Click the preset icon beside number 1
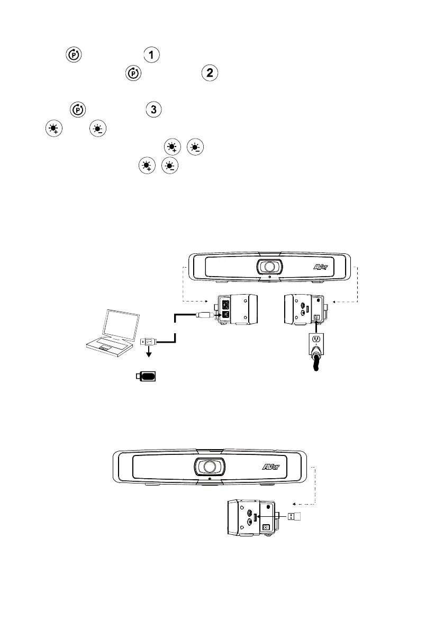73,56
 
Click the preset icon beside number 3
77,110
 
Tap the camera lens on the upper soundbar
268,267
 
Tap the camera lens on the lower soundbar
209,467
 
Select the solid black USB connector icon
148,376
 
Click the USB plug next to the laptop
148,343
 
